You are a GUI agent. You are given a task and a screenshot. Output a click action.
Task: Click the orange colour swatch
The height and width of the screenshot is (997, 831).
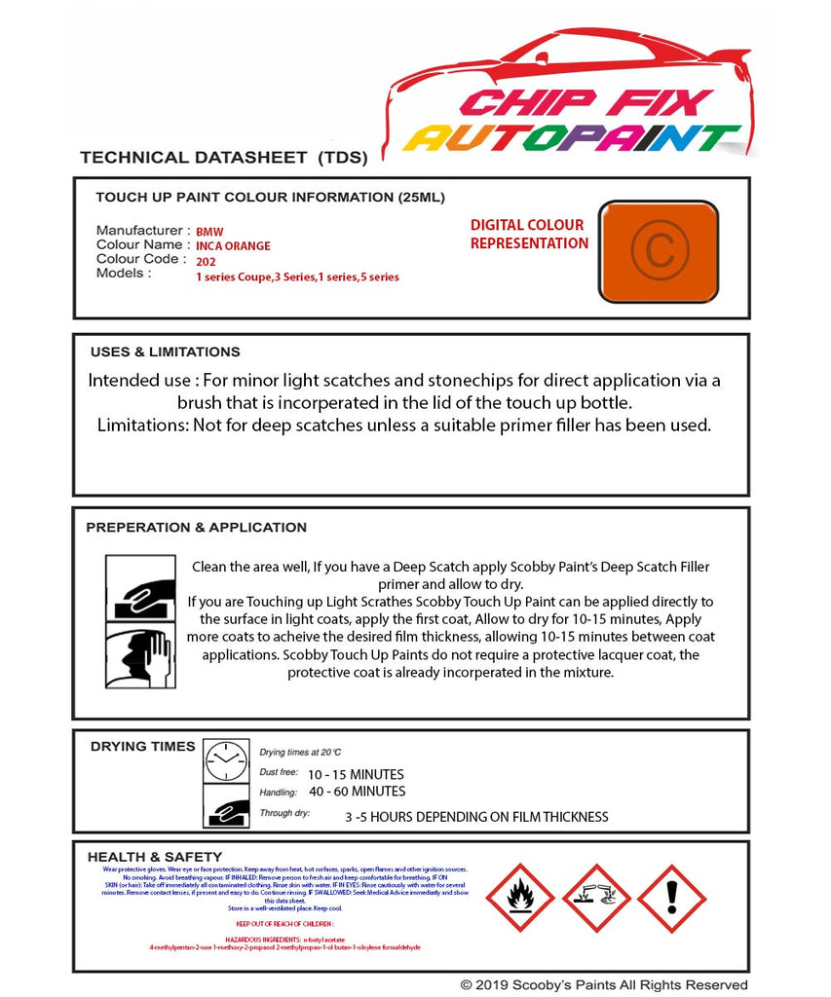coord(658,251)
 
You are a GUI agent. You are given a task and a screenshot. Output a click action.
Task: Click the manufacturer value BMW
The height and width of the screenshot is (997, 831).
coord(209,232)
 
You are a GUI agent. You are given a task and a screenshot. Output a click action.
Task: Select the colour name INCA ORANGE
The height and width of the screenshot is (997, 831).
coord(233,246)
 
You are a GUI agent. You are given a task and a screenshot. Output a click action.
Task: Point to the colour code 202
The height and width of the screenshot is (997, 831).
coord(206,261)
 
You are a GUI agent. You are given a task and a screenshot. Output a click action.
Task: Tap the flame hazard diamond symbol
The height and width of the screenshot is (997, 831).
coord(519,898)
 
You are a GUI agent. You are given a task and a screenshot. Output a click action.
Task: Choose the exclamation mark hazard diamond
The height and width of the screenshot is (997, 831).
coord(671,898)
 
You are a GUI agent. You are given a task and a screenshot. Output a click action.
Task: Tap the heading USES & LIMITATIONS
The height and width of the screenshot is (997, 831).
coord(165,351)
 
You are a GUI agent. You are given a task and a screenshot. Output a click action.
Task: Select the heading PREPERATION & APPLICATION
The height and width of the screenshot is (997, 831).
coord(196,527)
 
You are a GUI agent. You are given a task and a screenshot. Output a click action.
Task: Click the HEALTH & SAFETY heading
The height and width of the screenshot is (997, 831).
coord(154,857)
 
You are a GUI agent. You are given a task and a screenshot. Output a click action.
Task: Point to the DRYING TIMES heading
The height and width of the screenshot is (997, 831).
coord(142,746)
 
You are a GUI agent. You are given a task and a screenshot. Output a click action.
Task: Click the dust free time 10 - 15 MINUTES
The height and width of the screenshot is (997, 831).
coord(356,774)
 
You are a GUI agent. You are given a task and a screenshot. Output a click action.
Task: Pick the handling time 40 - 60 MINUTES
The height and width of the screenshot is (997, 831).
coord(357,791)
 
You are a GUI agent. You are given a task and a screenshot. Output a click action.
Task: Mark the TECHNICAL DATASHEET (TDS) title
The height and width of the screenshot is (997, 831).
coord(223,157)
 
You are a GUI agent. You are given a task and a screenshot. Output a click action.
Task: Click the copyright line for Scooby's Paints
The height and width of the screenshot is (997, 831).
coord(603,984)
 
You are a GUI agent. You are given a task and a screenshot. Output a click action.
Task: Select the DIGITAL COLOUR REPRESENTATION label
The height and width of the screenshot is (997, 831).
coord(528,234)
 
